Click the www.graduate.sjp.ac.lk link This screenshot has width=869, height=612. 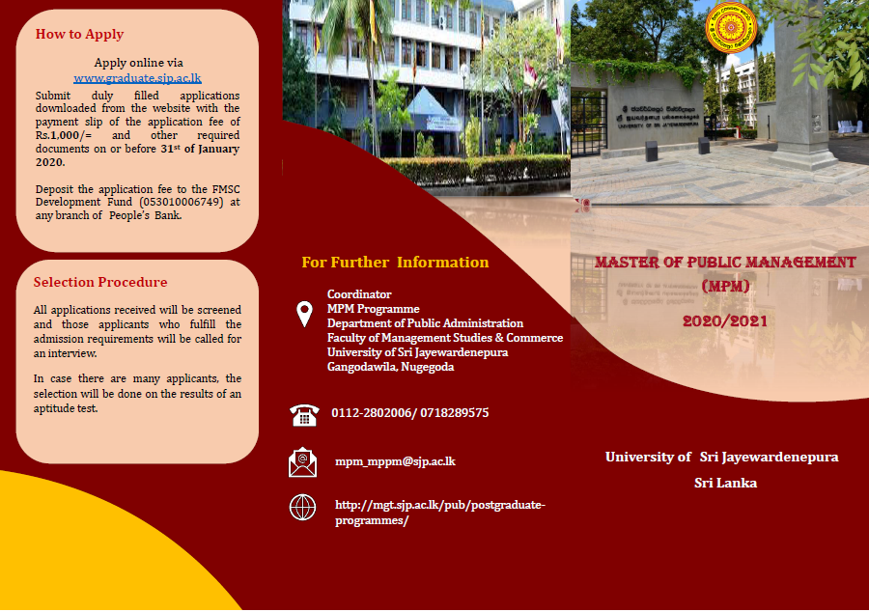pos(137,78)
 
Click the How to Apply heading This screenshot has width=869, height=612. pos(79,35)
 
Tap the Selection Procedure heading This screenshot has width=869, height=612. pos(100,282)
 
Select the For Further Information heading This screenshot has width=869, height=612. pos(395,262)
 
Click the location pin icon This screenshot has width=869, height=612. pos(304,314)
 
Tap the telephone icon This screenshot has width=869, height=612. pos(304,415)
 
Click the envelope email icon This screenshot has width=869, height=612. pos(302,462)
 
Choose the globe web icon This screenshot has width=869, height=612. pos(302,508)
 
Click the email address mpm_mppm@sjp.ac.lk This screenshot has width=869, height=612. pos(395,461)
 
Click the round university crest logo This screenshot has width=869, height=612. pos(731,27)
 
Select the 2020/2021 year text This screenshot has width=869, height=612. pos(725,321)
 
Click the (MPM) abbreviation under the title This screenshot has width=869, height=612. pos(725,287)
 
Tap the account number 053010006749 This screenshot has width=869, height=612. pos(182,202)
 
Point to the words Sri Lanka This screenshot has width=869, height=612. pos(725,483)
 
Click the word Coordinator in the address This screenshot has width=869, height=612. pos(359,294)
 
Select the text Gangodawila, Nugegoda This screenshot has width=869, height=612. pos(391,367)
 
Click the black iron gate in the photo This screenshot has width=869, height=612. pos(589,123)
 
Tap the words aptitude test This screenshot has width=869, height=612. pos(66,408)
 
